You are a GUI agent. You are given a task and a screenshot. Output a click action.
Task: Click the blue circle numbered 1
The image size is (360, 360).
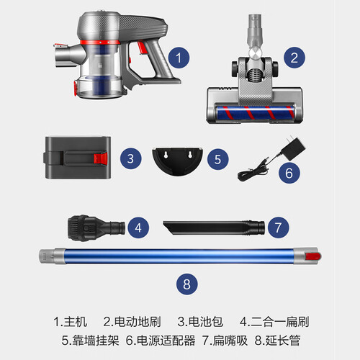[x=179, y=58]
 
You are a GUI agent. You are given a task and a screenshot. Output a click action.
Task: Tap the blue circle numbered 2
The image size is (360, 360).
[x=294, y=58]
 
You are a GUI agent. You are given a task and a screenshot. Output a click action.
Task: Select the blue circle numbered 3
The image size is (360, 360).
[x=130, y=158]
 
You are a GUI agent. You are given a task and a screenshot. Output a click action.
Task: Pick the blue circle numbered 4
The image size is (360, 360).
[x=138, y=228]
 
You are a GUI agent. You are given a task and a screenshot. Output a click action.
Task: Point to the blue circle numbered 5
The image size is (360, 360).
[x=217, y=159]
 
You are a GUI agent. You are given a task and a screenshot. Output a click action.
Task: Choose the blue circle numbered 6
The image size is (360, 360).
[x=289, y=173]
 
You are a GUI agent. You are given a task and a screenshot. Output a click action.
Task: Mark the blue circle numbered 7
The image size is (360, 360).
[x=278, y=228]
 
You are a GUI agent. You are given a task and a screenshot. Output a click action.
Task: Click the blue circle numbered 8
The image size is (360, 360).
[x=187, y=284]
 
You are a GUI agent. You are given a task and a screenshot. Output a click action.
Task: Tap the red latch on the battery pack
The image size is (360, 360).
[x=101, y=158]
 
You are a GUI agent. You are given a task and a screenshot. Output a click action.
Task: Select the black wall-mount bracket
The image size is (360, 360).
[x=177, y=161]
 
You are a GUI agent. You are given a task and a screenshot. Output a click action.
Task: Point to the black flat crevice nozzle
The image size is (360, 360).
[x=214, y=228]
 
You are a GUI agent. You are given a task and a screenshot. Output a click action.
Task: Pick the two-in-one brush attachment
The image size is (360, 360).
[x=96, y=228]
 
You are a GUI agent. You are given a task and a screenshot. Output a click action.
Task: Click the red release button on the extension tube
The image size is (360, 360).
[x=312, y=256]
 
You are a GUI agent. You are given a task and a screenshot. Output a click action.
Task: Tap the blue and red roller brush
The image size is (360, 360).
[x=255, y=113]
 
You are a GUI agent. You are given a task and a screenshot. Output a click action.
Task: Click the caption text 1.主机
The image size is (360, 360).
[x=70, y=322]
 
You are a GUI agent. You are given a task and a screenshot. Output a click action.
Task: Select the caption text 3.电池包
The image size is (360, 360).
[x=200, y=322]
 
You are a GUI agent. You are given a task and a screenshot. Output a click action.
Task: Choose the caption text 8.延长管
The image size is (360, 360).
[x=277, y=341]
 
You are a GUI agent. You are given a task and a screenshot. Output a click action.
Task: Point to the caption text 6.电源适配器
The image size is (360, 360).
[x=161, y=341]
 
